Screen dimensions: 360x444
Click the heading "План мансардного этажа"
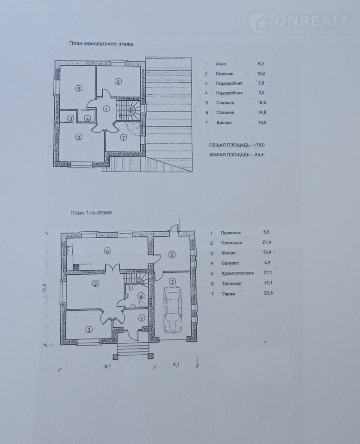(x=101, y=44)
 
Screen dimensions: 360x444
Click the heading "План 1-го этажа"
(x=91, y=212)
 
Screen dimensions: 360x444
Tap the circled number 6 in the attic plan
(x=118, y=82)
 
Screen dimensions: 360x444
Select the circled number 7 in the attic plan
(x=123, y=138)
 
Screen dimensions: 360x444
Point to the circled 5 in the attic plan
(x=79, y=88)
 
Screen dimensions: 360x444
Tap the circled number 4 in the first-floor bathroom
(x=141, y=296)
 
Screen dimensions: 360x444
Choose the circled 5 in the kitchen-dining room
(x=107, y=251)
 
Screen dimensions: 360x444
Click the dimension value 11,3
(x=44, y=288)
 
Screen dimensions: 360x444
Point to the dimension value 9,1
(x=107, y=366)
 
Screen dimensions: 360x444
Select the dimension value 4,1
(x=176, y=365)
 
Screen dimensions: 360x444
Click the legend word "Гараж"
(x=229, y=294)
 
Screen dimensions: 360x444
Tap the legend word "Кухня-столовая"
(x=238, y=273)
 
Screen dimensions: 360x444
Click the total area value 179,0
(x=259, y=145)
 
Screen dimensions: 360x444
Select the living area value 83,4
(x=259, y=154)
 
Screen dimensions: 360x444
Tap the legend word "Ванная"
(x=224, y=123)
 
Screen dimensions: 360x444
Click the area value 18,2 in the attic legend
(x=261, y=74)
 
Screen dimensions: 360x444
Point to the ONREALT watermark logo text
(x=311, y=20)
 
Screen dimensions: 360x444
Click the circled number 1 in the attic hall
(x=106, y=108)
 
